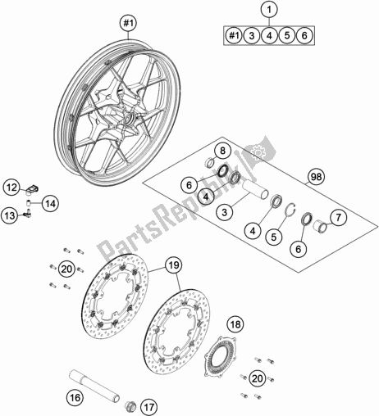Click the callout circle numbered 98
pos(316,177)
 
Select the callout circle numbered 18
pos(236,324)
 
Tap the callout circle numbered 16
pos(75,397)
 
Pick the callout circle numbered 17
pos(149,408)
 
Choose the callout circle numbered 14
pos(50,203)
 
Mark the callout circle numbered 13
pos(10,216)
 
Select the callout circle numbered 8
pos(222,151)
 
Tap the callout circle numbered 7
pos(339,218)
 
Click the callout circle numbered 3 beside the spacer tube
pos(225,212)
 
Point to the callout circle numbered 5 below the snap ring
pos(274,237)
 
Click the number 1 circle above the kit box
pos(269,10)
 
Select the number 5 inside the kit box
pos(287,35)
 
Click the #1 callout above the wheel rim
pos(128,23)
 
